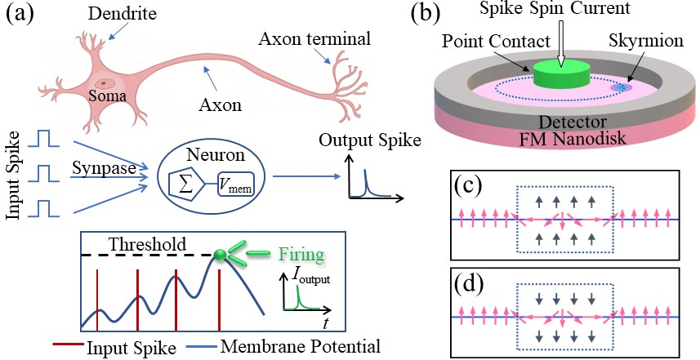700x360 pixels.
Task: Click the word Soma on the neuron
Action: [107, 96]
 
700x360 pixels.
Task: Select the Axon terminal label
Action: [314, 39]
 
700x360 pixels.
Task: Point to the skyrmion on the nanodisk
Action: [622, 87]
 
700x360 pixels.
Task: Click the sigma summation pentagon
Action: [185, 184]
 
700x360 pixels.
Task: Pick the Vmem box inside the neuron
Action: [234, 184]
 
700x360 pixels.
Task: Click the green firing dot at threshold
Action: [219, 255]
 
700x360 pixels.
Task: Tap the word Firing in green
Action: [301, 255]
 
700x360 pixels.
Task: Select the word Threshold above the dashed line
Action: [147, 244]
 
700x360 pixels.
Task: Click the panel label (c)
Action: [468, 186]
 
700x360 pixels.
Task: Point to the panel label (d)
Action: [468, 285]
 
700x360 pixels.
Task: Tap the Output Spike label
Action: [370, 140]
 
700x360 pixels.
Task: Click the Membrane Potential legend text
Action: [301, 346]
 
